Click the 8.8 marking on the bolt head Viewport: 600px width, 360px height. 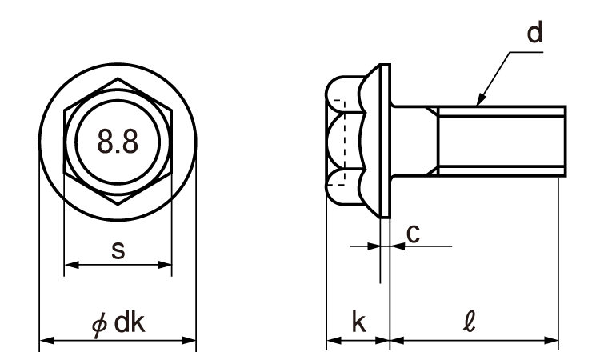coord(118,142)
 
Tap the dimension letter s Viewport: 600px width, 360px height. coord(118,250)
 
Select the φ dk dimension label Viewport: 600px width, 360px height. coord(118,323)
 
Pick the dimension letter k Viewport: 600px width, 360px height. coord(358,322)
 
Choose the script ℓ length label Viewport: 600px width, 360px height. coord(469,322)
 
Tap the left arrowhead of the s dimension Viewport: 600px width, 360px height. coord(71,264)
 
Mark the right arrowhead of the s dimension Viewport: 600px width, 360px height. coord(165,264)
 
